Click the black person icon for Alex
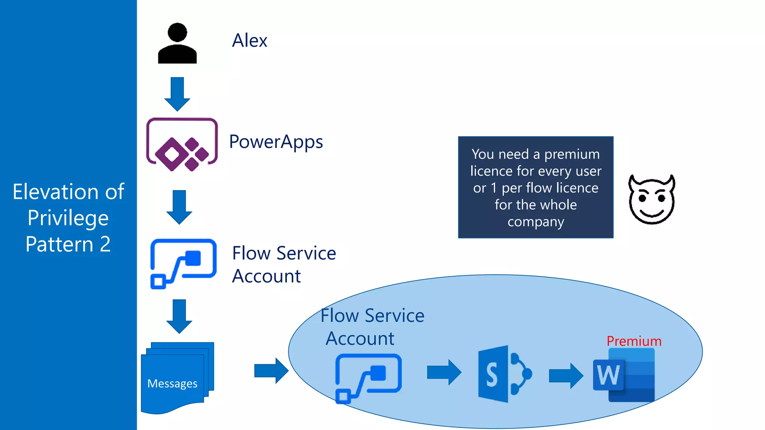[177, 44]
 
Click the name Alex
[250, 40]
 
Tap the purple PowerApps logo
[182, 145]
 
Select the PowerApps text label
[276, 142]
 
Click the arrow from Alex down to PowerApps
[177, 94]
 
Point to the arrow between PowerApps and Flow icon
[179, 207]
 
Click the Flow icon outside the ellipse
[183, 264]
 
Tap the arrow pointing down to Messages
[179, 316]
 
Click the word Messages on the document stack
[172, 383]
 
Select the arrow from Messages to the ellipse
[271, 371]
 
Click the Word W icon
[624, 375]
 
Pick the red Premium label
[634, 341]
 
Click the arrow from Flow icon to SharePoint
[444, 372]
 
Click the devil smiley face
[652, 200]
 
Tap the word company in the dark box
[536, 222]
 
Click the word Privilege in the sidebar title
[68, 218]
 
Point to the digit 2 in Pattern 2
[105, 244]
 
